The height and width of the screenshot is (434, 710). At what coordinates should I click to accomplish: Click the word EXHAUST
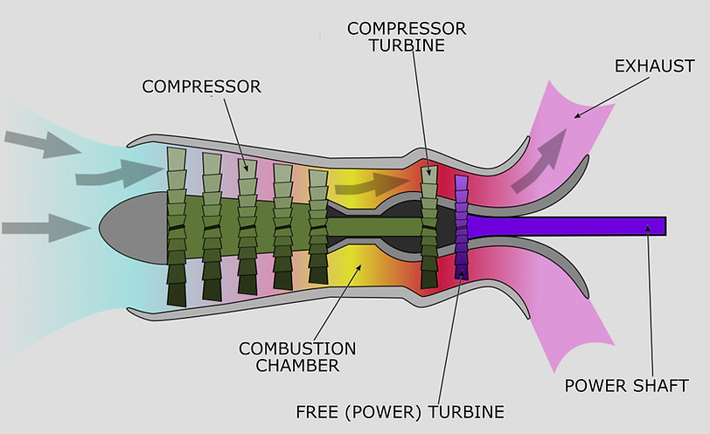pyautogui.click(x=654, y=66)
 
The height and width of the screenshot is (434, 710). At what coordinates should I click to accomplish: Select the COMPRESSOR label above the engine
pyautogui.click(x=202, y=86)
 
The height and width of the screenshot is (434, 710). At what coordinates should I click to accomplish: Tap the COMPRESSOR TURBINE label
pyautogui.click(x=407, y=36)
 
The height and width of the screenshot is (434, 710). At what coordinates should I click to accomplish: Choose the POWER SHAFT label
pyautogui.click(x=626, y=385)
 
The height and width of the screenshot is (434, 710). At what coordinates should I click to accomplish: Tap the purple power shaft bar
pyautogui.click(x=568, y=226)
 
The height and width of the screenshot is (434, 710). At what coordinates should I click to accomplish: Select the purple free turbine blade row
pyautogui.click(x=462, y=227)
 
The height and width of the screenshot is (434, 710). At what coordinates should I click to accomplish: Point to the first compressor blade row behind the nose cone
pyautogui.click(x=177, y=227)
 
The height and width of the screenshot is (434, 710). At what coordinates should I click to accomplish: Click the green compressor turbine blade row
pyautogui.click(x=428, y=227)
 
